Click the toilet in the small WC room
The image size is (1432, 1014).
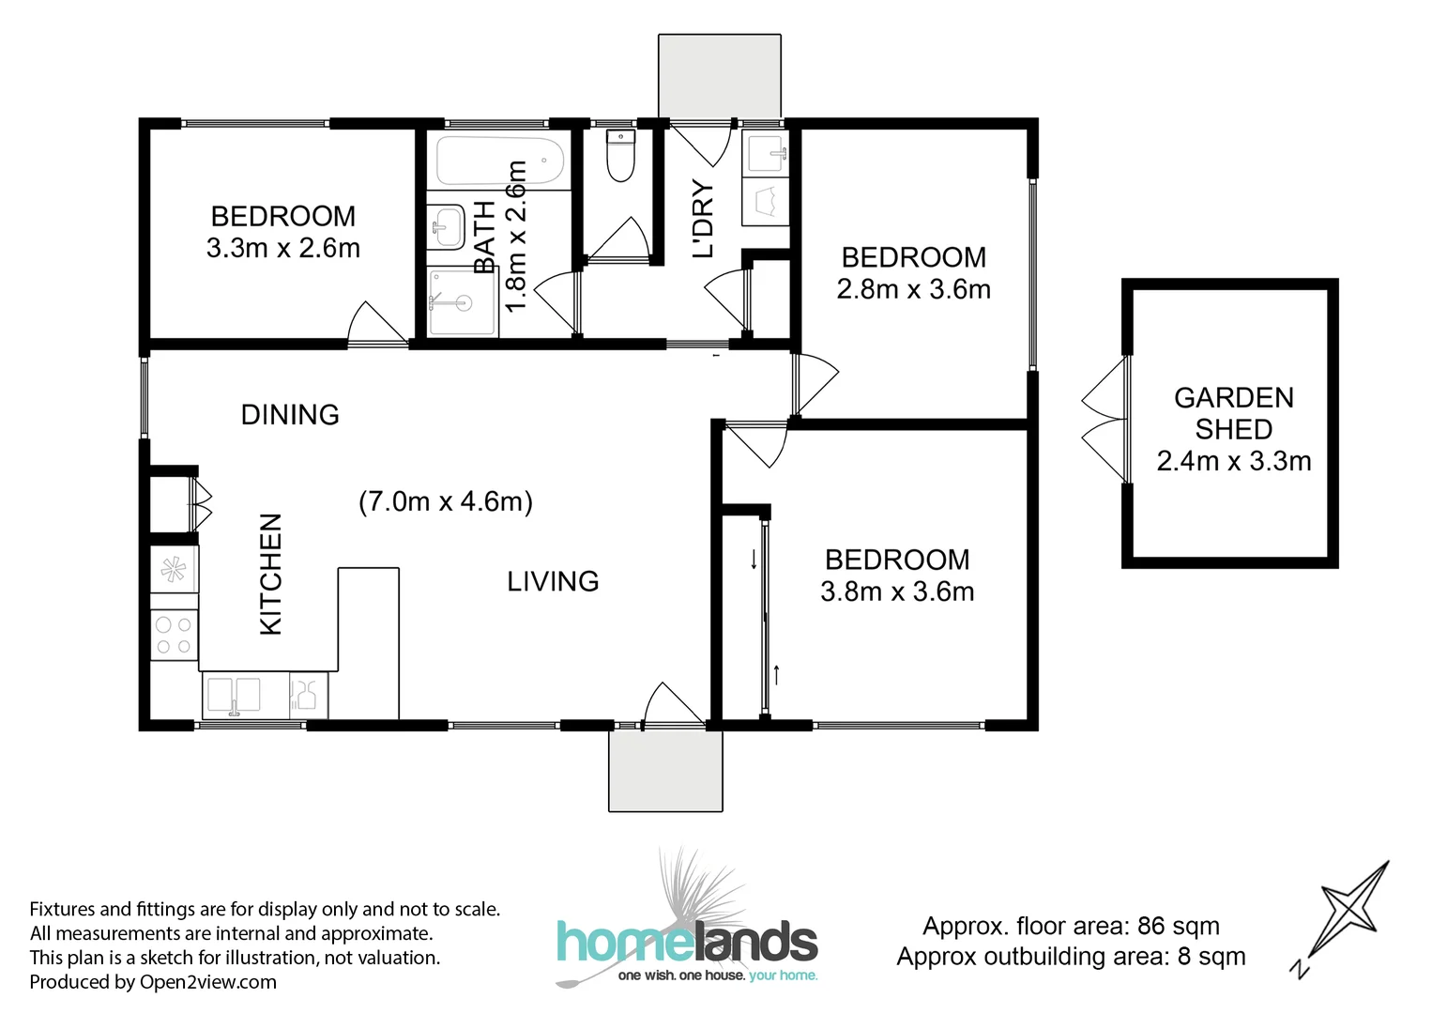point(620,156)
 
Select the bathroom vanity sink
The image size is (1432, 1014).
point(447,226)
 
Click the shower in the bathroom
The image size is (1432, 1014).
point(462,302)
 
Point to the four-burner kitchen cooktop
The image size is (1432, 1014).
point(174,635)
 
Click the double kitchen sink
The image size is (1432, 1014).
point(234,696)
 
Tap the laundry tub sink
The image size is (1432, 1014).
point(766,153)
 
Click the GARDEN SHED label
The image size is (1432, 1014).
point(1233,413)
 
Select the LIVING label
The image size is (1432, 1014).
point(553,581)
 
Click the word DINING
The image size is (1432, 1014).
point(290,414)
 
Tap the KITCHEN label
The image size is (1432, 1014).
point(270,574)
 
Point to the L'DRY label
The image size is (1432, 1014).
point(703,219)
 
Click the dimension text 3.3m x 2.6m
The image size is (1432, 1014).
point(283,248)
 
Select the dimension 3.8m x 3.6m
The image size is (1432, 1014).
point(897,591)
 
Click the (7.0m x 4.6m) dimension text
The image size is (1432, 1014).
point(446,501)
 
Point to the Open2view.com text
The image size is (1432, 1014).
point(207,982)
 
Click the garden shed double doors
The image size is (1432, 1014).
point(1104,420)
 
